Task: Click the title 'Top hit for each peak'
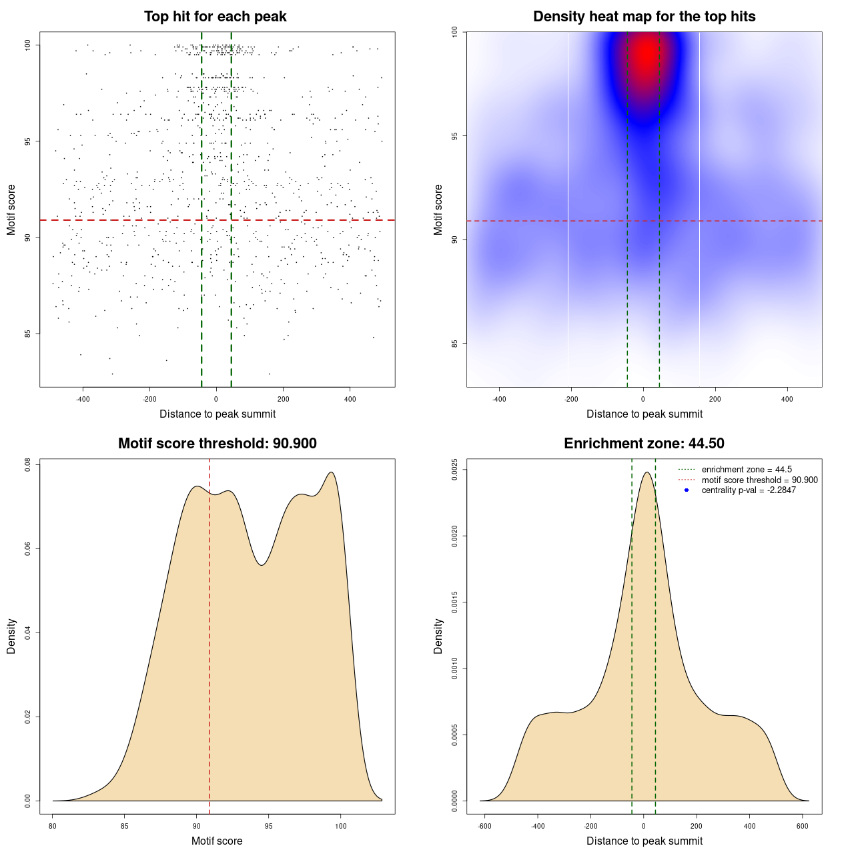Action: pos(215,17)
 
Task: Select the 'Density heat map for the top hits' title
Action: pos(644,17)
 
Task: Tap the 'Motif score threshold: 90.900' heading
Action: pos(217,444)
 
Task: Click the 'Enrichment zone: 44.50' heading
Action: pos(644,444)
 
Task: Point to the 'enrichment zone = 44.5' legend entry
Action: pos(747,470)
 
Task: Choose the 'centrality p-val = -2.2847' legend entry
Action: pos(749,490)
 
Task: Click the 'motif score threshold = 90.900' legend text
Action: pos(759,480)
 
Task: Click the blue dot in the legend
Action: pos(687,490)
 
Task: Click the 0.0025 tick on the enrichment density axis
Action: pos(455,470)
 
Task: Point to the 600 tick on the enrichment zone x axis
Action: pos(803,826)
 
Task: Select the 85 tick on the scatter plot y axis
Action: pos(29,334)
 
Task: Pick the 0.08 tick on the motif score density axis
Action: pos(28,464)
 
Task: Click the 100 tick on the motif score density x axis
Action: pos(341,826)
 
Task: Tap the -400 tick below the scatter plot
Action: pos(83,399)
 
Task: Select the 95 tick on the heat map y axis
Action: pos(455,136)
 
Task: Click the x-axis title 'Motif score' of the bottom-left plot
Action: pos(217,841)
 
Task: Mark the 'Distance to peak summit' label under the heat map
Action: pos(644,414)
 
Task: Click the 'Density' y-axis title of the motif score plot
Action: pos(11,636)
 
